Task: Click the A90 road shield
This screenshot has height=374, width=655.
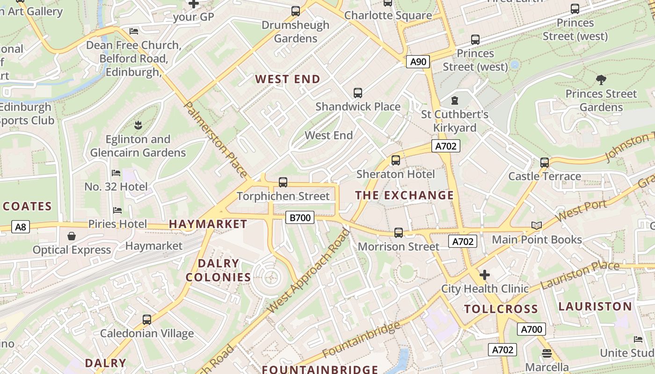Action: point(418,62)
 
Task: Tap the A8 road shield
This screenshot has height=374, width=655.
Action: point(20,227)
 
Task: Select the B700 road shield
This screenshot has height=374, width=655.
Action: point(299,217)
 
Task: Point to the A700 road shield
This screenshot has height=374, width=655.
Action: point(531,329)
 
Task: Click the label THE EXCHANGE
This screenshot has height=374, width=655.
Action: point(405,195)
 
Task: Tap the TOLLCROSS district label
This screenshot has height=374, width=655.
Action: point(501,309)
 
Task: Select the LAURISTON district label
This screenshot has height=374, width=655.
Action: point(595,307)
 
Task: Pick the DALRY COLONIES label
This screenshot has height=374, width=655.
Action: point(218,270)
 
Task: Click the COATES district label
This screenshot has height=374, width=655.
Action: point(27,206)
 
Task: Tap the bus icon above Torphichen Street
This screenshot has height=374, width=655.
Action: point(283,182)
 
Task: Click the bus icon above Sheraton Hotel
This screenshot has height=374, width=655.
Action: point(396,160)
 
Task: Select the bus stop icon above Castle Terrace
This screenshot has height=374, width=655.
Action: point(545,163)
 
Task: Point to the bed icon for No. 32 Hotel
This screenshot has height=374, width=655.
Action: point(116,173)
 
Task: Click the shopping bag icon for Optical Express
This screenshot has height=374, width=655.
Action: point(72,236)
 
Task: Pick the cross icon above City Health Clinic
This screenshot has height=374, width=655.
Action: point(485,274)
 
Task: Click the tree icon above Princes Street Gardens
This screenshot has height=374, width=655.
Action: point(601,80)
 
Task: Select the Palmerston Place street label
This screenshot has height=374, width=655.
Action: point(216,139)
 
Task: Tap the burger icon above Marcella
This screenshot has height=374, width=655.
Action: point(547,353)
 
